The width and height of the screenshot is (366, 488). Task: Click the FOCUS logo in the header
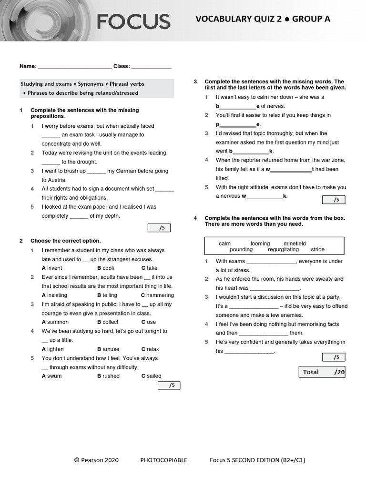(x=133, y=21)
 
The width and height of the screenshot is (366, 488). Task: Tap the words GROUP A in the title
(x=311, y=19)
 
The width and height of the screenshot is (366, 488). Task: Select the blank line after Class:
(x=151, y=67)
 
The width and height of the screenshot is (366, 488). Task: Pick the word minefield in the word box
(x=295, y=244)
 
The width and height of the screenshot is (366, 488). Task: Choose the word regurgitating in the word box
(x=283, y=250)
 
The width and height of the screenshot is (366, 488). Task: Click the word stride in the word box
(x=317, y=250)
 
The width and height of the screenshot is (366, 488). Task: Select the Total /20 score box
(x=322, y=372)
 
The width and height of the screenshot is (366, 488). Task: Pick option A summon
(x=55, y=322)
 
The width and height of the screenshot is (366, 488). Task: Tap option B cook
(x=106, y=268)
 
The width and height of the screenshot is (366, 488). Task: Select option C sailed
(x=151, y=376)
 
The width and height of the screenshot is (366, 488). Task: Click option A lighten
(x=52, y=349)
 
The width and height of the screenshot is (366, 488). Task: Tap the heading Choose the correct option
(x=65, y=241)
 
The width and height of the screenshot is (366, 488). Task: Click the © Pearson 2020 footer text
(x=96, y=460)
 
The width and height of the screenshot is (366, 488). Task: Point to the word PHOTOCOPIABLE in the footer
(x=163, y=460)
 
